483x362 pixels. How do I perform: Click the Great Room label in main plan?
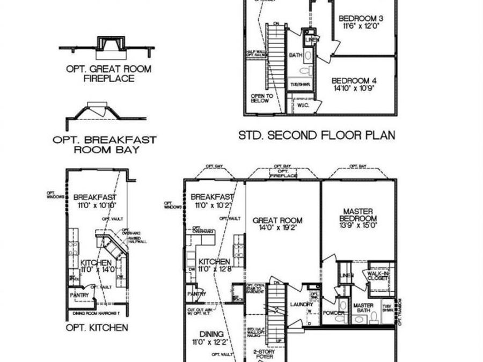click(x=277, y=220)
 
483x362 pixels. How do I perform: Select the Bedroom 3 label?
click(x=360, y=18)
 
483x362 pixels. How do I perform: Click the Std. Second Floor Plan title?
click(x=317, y=135)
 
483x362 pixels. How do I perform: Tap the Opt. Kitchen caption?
click(x=97, y=327)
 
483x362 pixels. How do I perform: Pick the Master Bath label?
click(x=363, y=308)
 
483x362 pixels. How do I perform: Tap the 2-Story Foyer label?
click(x=265, y=354)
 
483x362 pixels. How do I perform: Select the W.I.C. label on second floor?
click(x=302, y=106)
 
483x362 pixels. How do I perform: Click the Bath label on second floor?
click(x=296, y=55)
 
